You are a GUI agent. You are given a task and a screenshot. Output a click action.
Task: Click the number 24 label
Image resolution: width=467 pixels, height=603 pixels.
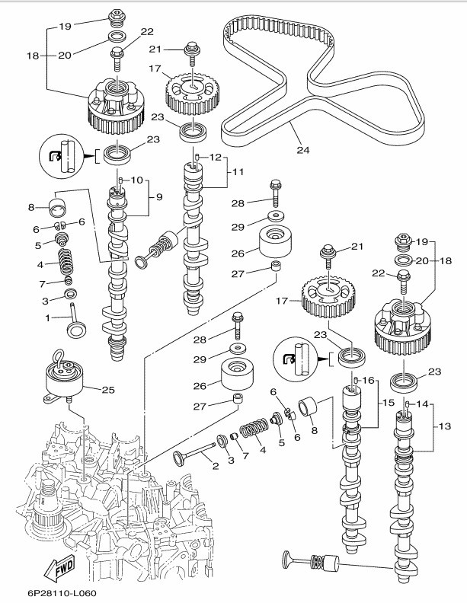pos(303,150)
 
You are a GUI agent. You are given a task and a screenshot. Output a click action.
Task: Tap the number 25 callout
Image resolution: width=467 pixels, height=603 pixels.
pos(107,390)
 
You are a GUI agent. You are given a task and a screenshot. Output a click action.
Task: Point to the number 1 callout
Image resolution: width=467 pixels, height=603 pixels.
pos(46,317)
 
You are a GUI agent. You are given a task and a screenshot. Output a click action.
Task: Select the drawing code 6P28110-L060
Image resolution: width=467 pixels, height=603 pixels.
pos(51,592)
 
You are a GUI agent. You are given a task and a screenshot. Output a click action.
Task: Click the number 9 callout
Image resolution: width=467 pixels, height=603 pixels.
pos(160,197)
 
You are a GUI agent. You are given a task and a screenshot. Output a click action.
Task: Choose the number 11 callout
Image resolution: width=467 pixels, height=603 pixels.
pos(238,173)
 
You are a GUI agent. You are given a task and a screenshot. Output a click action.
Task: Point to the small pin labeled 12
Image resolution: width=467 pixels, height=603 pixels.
pos(197,158)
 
